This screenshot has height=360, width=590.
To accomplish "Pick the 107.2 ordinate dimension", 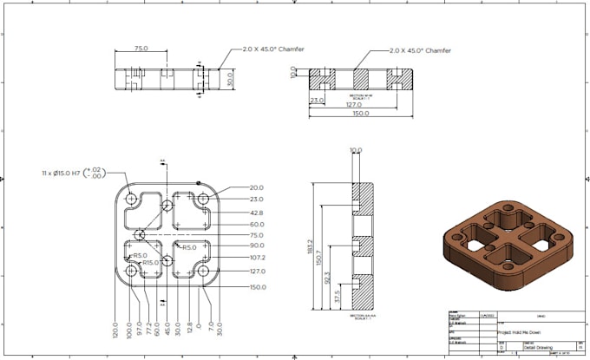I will pos(257,258).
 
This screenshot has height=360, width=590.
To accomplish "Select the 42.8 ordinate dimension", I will pos(257,213).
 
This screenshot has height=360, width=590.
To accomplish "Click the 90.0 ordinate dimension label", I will pos(257,246).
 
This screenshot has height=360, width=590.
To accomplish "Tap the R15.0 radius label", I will pos(152,263).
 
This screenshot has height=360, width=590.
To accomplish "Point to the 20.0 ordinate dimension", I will pos(257,188).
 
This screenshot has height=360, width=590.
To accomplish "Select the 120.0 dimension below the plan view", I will pos(115,331).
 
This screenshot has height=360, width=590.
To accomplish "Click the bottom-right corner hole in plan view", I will pos(204,272).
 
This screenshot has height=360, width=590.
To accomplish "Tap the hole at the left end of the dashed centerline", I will pos(139,235).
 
